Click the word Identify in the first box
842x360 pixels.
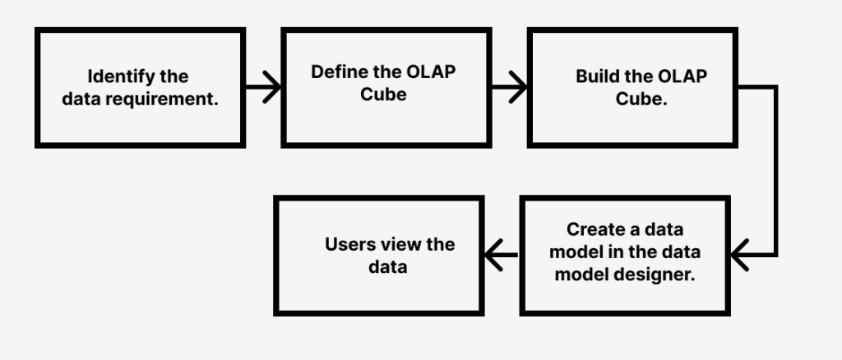120,77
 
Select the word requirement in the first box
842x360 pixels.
170,99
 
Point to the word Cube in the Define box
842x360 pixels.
383,94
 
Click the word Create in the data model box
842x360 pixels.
594,229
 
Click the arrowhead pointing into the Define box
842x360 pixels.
273,86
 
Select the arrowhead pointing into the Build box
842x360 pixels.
519,86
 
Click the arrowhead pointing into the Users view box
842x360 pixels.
494,255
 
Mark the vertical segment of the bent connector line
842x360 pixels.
775,171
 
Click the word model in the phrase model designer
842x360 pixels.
581,275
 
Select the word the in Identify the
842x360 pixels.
173,77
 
